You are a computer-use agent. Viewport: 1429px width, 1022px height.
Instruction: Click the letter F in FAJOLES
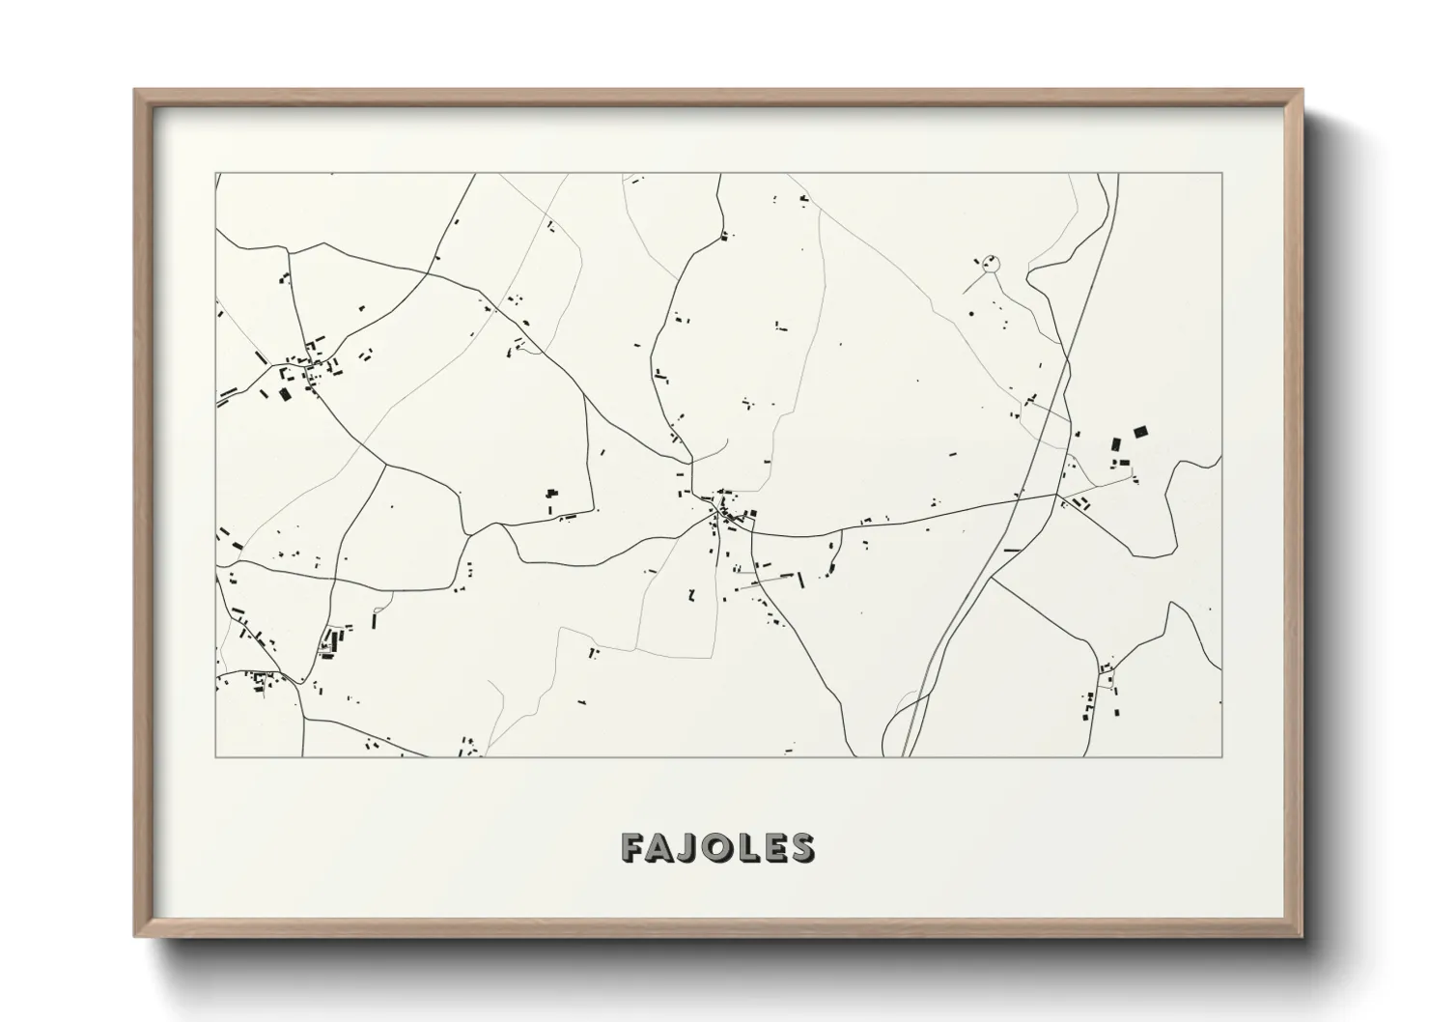click(x=633, y=847)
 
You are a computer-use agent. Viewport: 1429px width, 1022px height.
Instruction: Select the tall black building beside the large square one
click(x=1116, y=444)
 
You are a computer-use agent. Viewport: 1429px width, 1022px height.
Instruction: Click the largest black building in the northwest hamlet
click(x=285, y=393)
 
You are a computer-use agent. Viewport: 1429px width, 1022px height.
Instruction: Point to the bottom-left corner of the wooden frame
click(x=136, y=936)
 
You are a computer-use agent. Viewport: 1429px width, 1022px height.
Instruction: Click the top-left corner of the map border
click(x=215, y=174)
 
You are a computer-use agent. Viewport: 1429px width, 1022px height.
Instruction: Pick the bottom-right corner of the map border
click(x=1222, y=756)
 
